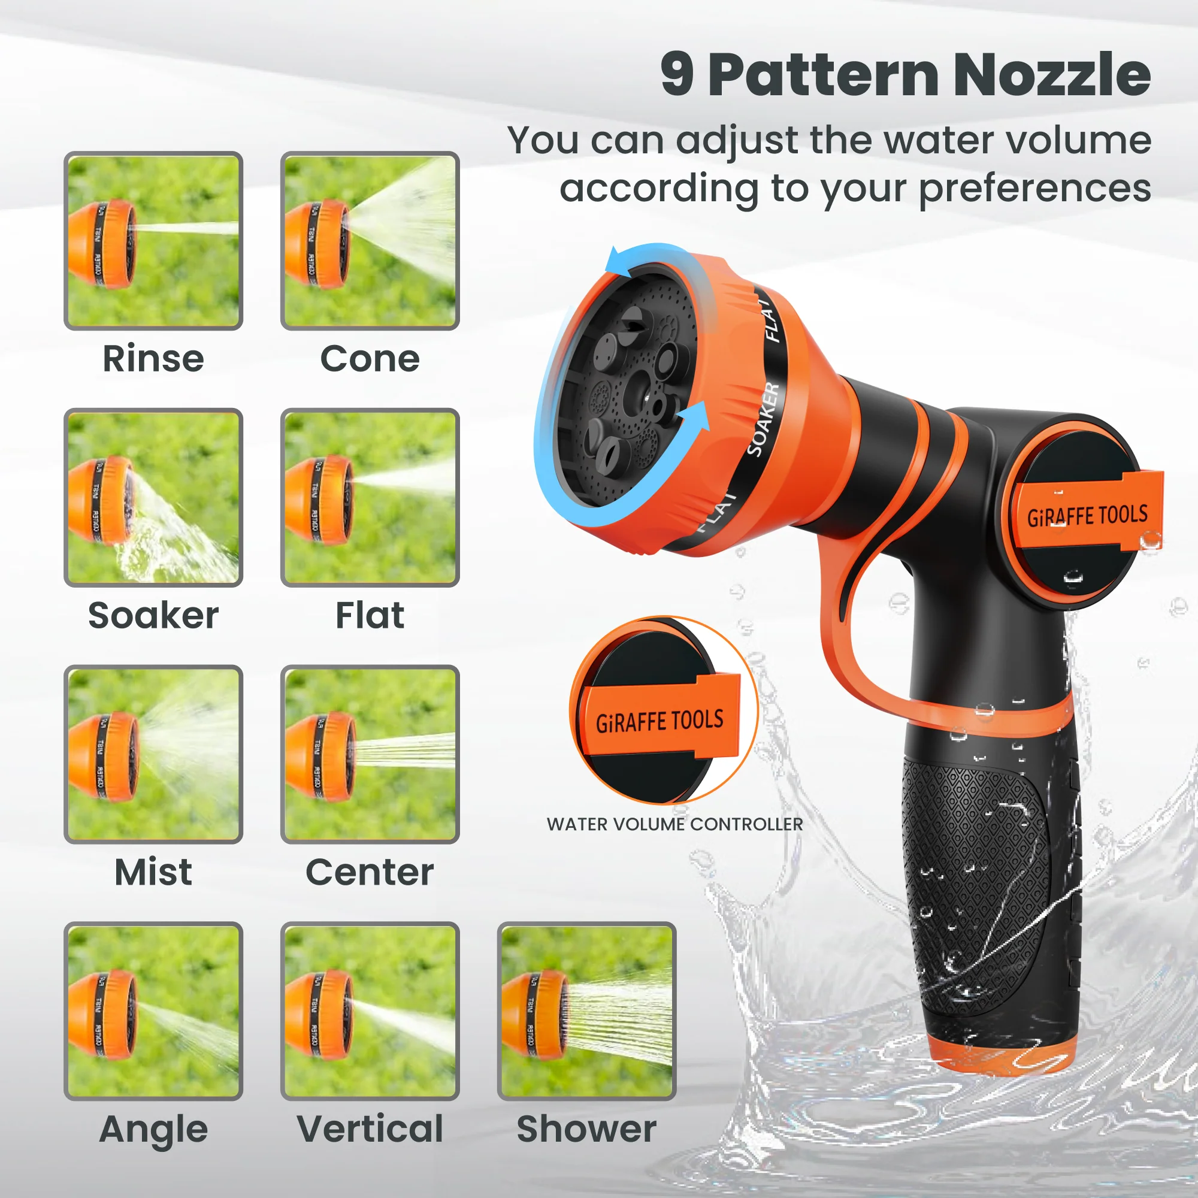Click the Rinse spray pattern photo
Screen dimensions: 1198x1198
[153, 241]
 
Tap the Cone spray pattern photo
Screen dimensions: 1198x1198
[370, 241]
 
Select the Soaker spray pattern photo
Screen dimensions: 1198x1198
[153, 497]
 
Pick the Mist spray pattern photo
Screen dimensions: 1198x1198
[153, 754]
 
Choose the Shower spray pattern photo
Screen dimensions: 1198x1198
[586, 1011]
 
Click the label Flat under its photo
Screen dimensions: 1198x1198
[370, 615]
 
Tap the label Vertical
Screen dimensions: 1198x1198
[370, 1129]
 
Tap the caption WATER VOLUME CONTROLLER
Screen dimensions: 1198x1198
[674, 824]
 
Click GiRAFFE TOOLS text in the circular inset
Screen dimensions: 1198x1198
[659, 721]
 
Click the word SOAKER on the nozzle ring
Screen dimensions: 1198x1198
[763, 419]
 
